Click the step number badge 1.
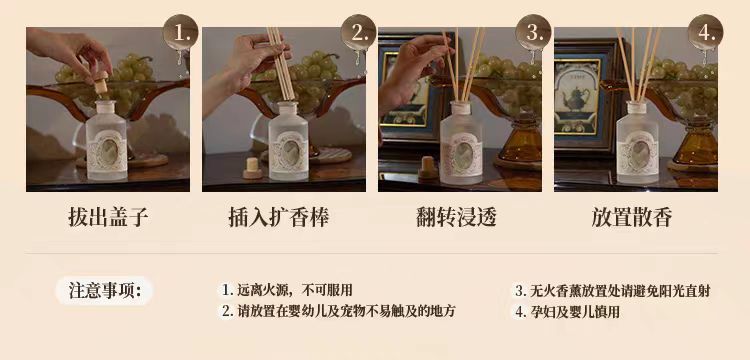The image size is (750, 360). coord(180,32)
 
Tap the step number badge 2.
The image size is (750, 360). coord(358,32)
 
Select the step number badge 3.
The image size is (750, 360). coord(533,32)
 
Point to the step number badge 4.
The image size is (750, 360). coord(705,32)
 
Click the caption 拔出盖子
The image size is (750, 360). coord(108,217)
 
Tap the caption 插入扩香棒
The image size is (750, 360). coord(278,217)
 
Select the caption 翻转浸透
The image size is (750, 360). coord(456,217)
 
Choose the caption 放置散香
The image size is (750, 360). coord(631,217)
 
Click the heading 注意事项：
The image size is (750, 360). coord(105,290)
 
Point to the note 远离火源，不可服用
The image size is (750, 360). coord(287,290)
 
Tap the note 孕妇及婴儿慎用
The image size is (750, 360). coord(567,312)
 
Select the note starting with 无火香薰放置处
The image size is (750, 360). coord(612,290)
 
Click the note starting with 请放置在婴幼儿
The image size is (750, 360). coord(338,311)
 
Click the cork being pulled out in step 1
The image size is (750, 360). coord(100,83)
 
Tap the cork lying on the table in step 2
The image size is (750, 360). coord(253,167)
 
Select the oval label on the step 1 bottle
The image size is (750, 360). coord(110,151)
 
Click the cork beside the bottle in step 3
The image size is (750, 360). coord(428,167)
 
